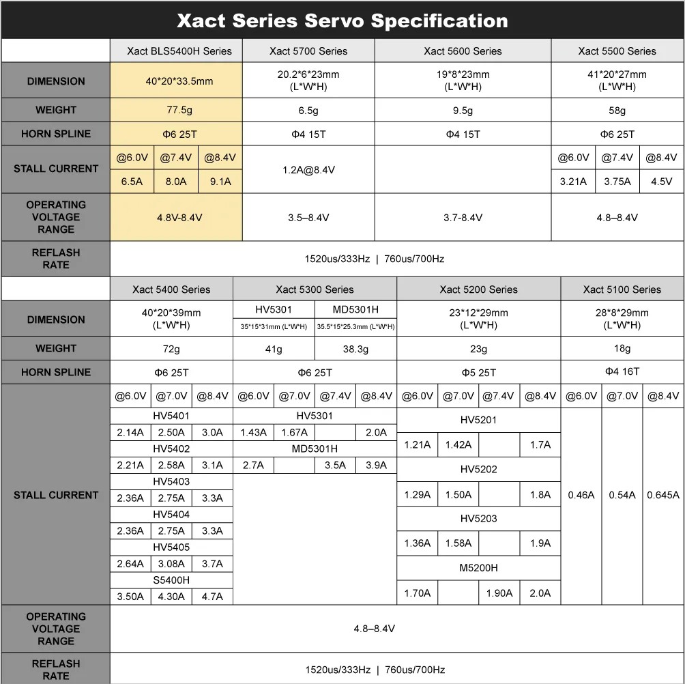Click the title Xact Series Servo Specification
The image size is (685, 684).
(342, 20)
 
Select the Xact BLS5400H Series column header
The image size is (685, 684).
(179, 51)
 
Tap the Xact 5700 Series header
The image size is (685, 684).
(308, 51)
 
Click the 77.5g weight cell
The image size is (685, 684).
(179, 110)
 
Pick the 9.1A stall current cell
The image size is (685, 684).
(220, 182)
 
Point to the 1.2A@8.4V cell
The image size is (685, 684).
(308, 170)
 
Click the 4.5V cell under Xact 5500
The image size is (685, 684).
(662, 182)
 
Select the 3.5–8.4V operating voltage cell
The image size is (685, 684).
(308, 218)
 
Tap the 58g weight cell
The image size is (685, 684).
(617, 110)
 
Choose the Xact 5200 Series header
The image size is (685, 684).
(479, 289)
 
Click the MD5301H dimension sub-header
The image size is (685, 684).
(355, 310)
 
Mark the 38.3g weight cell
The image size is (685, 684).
(355, 349)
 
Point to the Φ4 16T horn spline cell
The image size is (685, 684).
(622, 371)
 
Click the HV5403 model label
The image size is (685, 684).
(171, 481)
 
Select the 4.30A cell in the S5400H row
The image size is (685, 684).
(171, 596)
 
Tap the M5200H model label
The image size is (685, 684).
(479, 568)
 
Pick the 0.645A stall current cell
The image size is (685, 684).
(663, 495)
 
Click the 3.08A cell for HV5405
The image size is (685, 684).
(171, 563)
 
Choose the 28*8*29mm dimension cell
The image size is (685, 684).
(622, 319)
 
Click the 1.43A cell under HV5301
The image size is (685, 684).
(253, 432)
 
